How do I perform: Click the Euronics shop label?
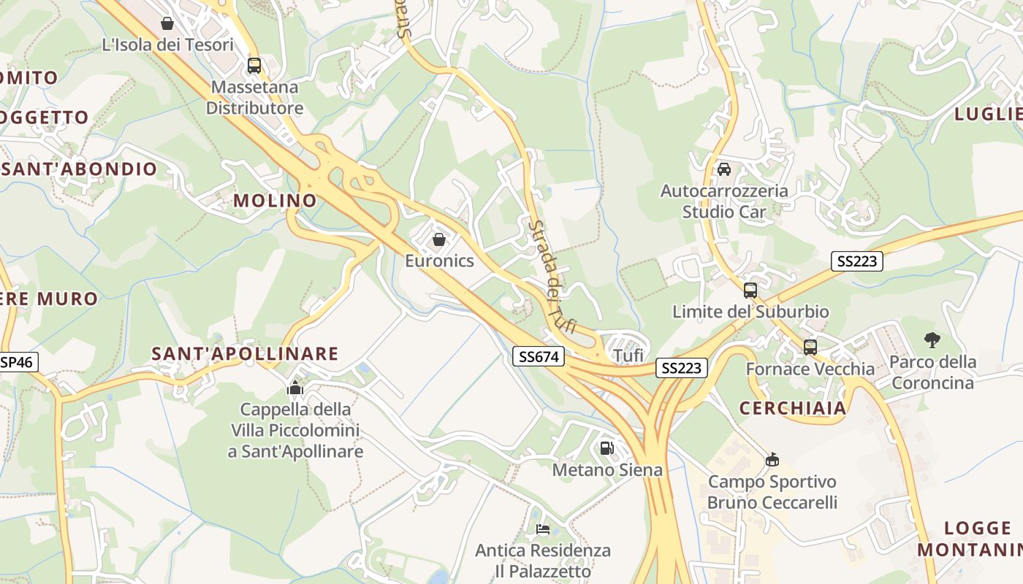tap(439, 261)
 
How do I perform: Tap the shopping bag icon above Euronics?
tap(439, 239)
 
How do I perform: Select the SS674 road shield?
tap(539, 356)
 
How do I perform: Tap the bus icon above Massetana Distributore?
tap(254, 66)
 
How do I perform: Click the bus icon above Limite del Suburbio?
tap(750, 291)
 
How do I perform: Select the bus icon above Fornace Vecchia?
tap(810, 347)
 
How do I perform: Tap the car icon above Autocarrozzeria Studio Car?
tap(724, 169)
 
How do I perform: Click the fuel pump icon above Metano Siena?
tap(606, 448)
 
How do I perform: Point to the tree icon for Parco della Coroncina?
tap(932, 339)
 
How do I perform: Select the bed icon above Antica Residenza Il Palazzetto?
tap(542, 529)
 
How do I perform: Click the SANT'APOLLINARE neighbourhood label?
tap(245, 354)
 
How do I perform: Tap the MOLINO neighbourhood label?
tap(275, 200)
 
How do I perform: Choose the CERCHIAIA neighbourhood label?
tap(793, 408)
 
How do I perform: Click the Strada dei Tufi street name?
tap(552, 277)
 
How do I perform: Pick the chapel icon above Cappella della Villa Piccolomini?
tap(295, 388)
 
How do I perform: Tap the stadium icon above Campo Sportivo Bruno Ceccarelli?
tap(772, 460)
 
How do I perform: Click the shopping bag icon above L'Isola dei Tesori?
tap(167, 23)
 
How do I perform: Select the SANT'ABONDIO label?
tap(79, 169)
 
